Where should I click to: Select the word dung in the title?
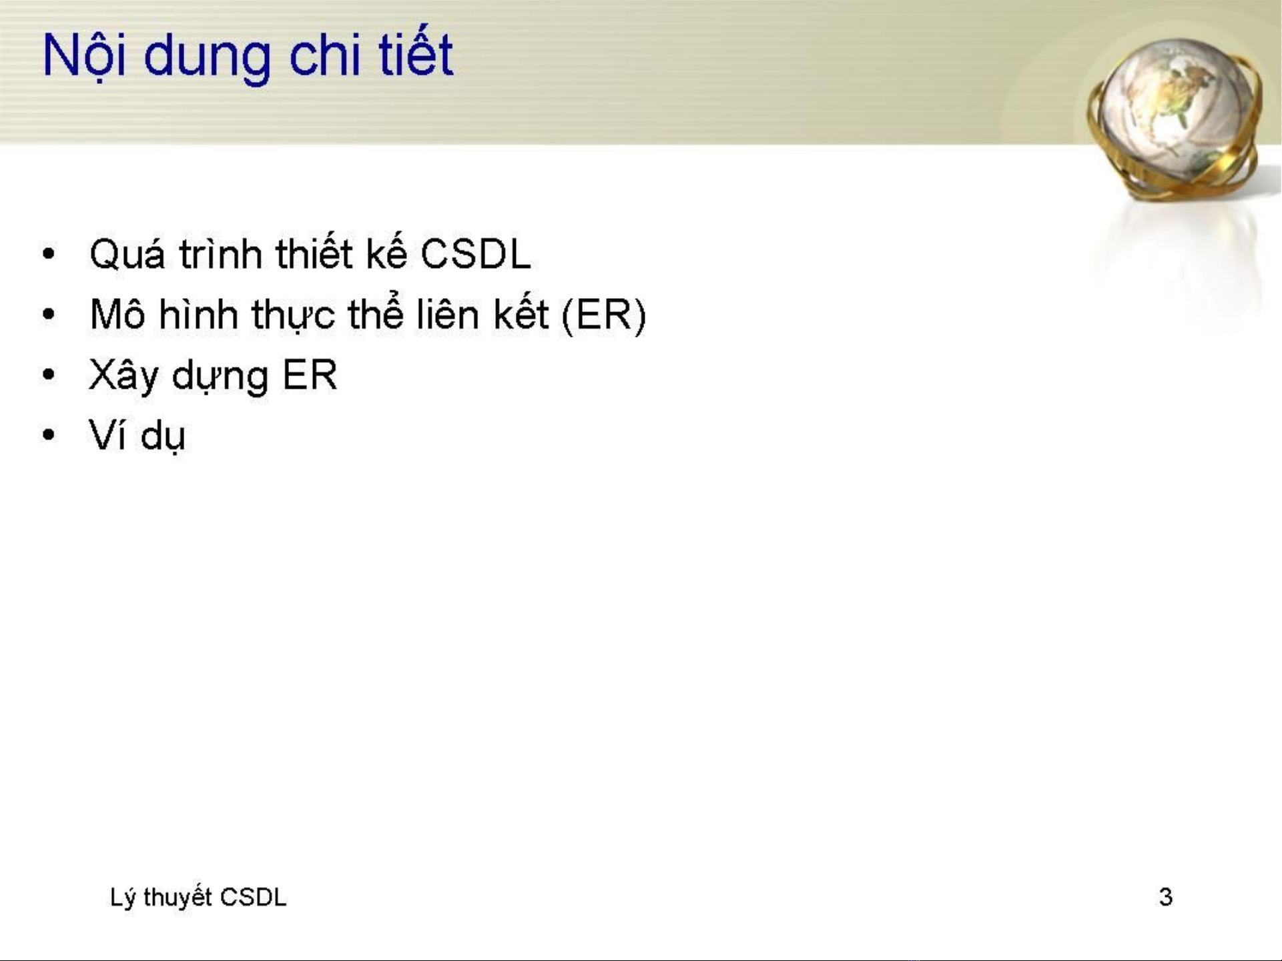(x=207, y=59)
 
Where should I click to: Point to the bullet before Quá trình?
(x=48, y=254)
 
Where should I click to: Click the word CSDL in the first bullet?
(x=476, y=255)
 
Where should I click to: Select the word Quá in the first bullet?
(x=127, y=255)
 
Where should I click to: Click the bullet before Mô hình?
(x=48, y=315)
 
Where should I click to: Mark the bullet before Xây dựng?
(x=48, y=375)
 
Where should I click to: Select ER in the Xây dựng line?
(x=310, y=375)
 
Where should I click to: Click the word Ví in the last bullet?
(x=109, y=435)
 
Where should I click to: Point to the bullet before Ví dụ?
(x=48, y=435)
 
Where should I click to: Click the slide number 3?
(x=1166, y=897)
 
